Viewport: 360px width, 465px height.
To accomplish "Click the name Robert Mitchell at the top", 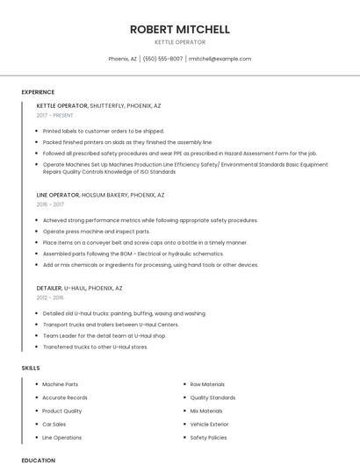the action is pyautogui.click(x=179, y=29).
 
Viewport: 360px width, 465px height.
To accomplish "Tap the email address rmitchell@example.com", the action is pyautogui.click(x=220, y=59).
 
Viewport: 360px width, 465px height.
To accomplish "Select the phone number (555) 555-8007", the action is pyautogui.click(x=162, y=59).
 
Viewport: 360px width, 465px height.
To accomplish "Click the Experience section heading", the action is pyautogui.click(x=38, y=92).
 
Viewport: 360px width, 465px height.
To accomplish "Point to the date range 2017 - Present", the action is pyautogui.click(x=55, y=115).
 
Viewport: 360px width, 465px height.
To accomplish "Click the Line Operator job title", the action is pyautogui.click(x=59, y=195).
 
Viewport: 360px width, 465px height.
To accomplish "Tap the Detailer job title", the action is pyautogui.click(x=49, y=288).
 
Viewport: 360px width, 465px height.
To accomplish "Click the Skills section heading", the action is pyautogui.click(x=31, y=368).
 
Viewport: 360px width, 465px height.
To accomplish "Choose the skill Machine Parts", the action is pyautogui.click(x=60, y=384).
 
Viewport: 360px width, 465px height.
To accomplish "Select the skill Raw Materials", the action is pyautogui.click(x=207, y=384).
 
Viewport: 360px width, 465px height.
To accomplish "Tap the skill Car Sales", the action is pyautogui.click(x=54, y=424).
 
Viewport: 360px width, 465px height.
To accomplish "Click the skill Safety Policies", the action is pyautogui.click(x=208, y=437).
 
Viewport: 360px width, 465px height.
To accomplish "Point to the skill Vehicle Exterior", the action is pyautogui.click(x=209, y=424).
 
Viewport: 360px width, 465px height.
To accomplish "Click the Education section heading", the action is pyautogui.click(x=39, y=460).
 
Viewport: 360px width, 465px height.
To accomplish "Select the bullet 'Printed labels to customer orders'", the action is pyautogui.click(x=103, y=131).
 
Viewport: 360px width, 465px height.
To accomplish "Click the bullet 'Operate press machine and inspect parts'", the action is pyautogui.click(x=96, y=231).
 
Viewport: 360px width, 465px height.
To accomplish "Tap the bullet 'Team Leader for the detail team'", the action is pyautogui.click(x=104, y=335).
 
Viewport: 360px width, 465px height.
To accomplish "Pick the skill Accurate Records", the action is pyautogui.click(x=64, y=397).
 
